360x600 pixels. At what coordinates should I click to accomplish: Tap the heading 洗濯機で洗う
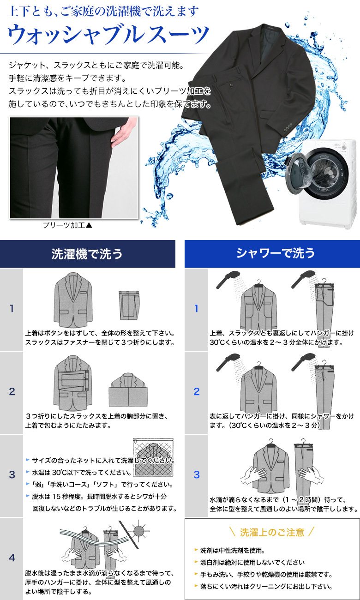[87, 254]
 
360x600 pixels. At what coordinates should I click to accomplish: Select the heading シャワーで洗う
[276, 253]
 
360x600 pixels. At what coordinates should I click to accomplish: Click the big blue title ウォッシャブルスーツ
[108, 34]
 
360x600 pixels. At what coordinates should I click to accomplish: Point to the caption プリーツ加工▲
[67, 225]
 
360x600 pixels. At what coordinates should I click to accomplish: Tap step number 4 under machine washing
[12, 558]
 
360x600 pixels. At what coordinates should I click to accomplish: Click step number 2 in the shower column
[197, 391]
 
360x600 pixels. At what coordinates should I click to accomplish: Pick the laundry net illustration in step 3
[153, 457]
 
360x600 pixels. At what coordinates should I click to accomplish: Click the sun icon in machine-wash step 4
[138, 531]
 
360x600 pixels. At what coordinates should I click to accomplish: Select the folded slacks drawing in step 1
[129, 305]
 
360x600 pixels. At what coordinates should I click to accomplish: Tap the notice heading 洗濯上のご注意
[272, 532]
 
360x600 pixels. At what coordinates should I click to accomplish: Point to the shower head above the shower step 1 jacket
[226, 279]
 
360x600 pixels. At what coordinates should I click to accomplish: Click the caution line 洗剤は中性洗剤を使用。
[233, 551]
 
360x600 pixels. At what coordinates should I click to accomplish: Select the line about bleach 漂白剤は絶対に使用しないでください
[252, 562]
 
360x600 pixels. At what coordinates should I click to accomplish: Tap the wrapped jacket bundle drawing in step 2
[128, 390]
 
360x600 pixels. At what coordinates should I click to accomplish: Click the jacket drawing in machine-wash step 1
[73, 300]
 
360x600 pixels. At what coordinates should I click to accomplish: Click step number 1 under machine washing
[12, 309]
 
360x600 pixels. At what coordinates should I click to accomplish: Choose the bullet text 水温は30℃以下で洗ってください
[81, 473]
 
